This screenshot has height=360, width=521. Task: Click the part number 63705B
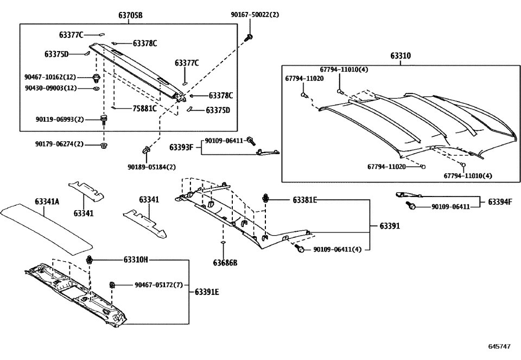point(130,15)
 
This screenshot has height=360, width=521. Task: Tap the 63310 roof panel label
point(401,56)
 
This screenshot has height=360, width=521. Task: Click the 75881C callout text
point(145,108)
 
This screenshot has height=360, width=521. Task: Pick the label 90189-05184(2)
point(152,167)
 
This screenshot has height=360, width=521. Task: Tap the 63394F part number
point(500,202)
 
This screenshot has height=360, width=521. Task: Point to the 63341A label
point(47,202)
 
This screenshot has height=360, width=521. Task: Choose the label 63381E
point(304,200)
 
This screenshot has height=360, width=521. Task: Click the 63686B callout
point(225,263)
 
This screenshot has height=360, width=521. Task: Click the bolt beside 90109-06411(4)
point(299,249)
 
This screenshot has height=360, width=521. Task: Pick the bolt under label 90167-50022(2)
point(250,37)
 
